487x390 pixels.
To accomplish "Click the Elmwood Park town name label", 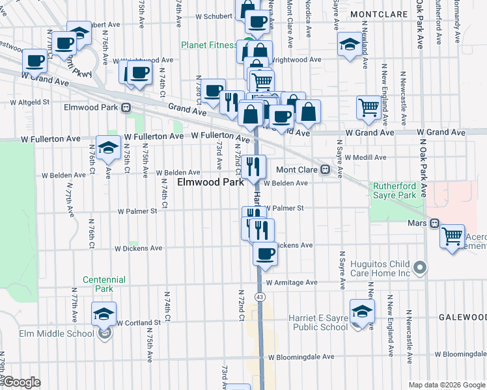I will (x=210, y=183).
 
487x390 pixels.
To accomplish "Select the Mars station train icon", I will (x=433, y=223).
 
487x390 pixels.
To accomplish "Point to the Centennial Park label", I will (x=98, y=284).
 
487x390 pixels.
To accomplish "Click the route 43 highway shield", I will (x=260, y=296).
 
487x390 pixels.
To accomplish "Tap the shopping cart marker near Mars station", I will (x=452, y=235).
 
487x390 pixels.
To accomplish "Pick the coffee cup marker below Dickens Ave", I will (x=265, y=253).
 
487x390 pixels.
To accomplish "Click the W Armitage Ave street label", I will (x=290, y=283).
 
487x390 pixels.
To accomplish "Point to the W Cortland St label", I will (x=139, y=322).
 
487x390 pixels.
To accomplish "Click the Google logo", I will (x=21, y=382).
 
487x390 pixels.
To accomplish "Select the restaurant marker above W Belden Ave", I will (x=254, y=165).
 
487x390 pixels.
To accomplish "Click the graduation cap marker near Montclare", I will (x=350, y=45).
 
